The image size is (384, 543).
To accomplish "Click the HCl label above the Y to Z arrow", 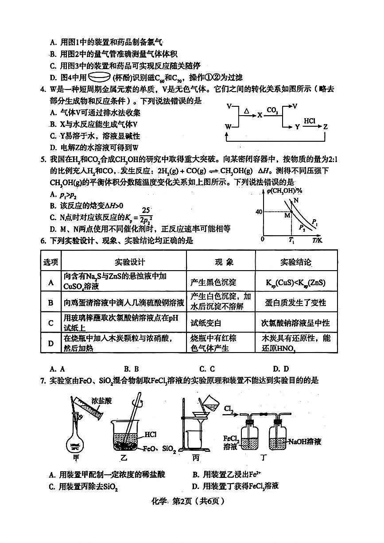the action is [x=310, y=120].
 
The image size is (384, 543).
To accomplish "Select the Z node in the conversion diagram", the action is [x=326, y=127].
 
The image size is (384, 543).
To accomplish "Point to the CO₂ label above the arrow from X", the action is [x=272, y=109].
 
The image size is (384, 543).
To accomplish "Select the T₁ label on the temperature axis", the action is [x=291, y=240].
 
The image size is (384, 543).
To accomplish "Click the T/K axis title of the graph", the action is [x=318, y=240].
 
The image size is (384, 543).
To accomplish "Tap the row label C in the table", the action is [x=51, y=323].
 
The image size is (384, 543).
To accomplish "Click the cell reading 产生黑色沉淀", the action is [x=213, y=282].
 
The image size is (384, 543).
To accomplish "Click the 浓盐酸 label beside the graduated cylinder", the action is [x=102, y=401].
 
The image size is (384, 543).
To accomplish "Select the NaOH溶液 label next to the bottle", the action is [x=305, y=442].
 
